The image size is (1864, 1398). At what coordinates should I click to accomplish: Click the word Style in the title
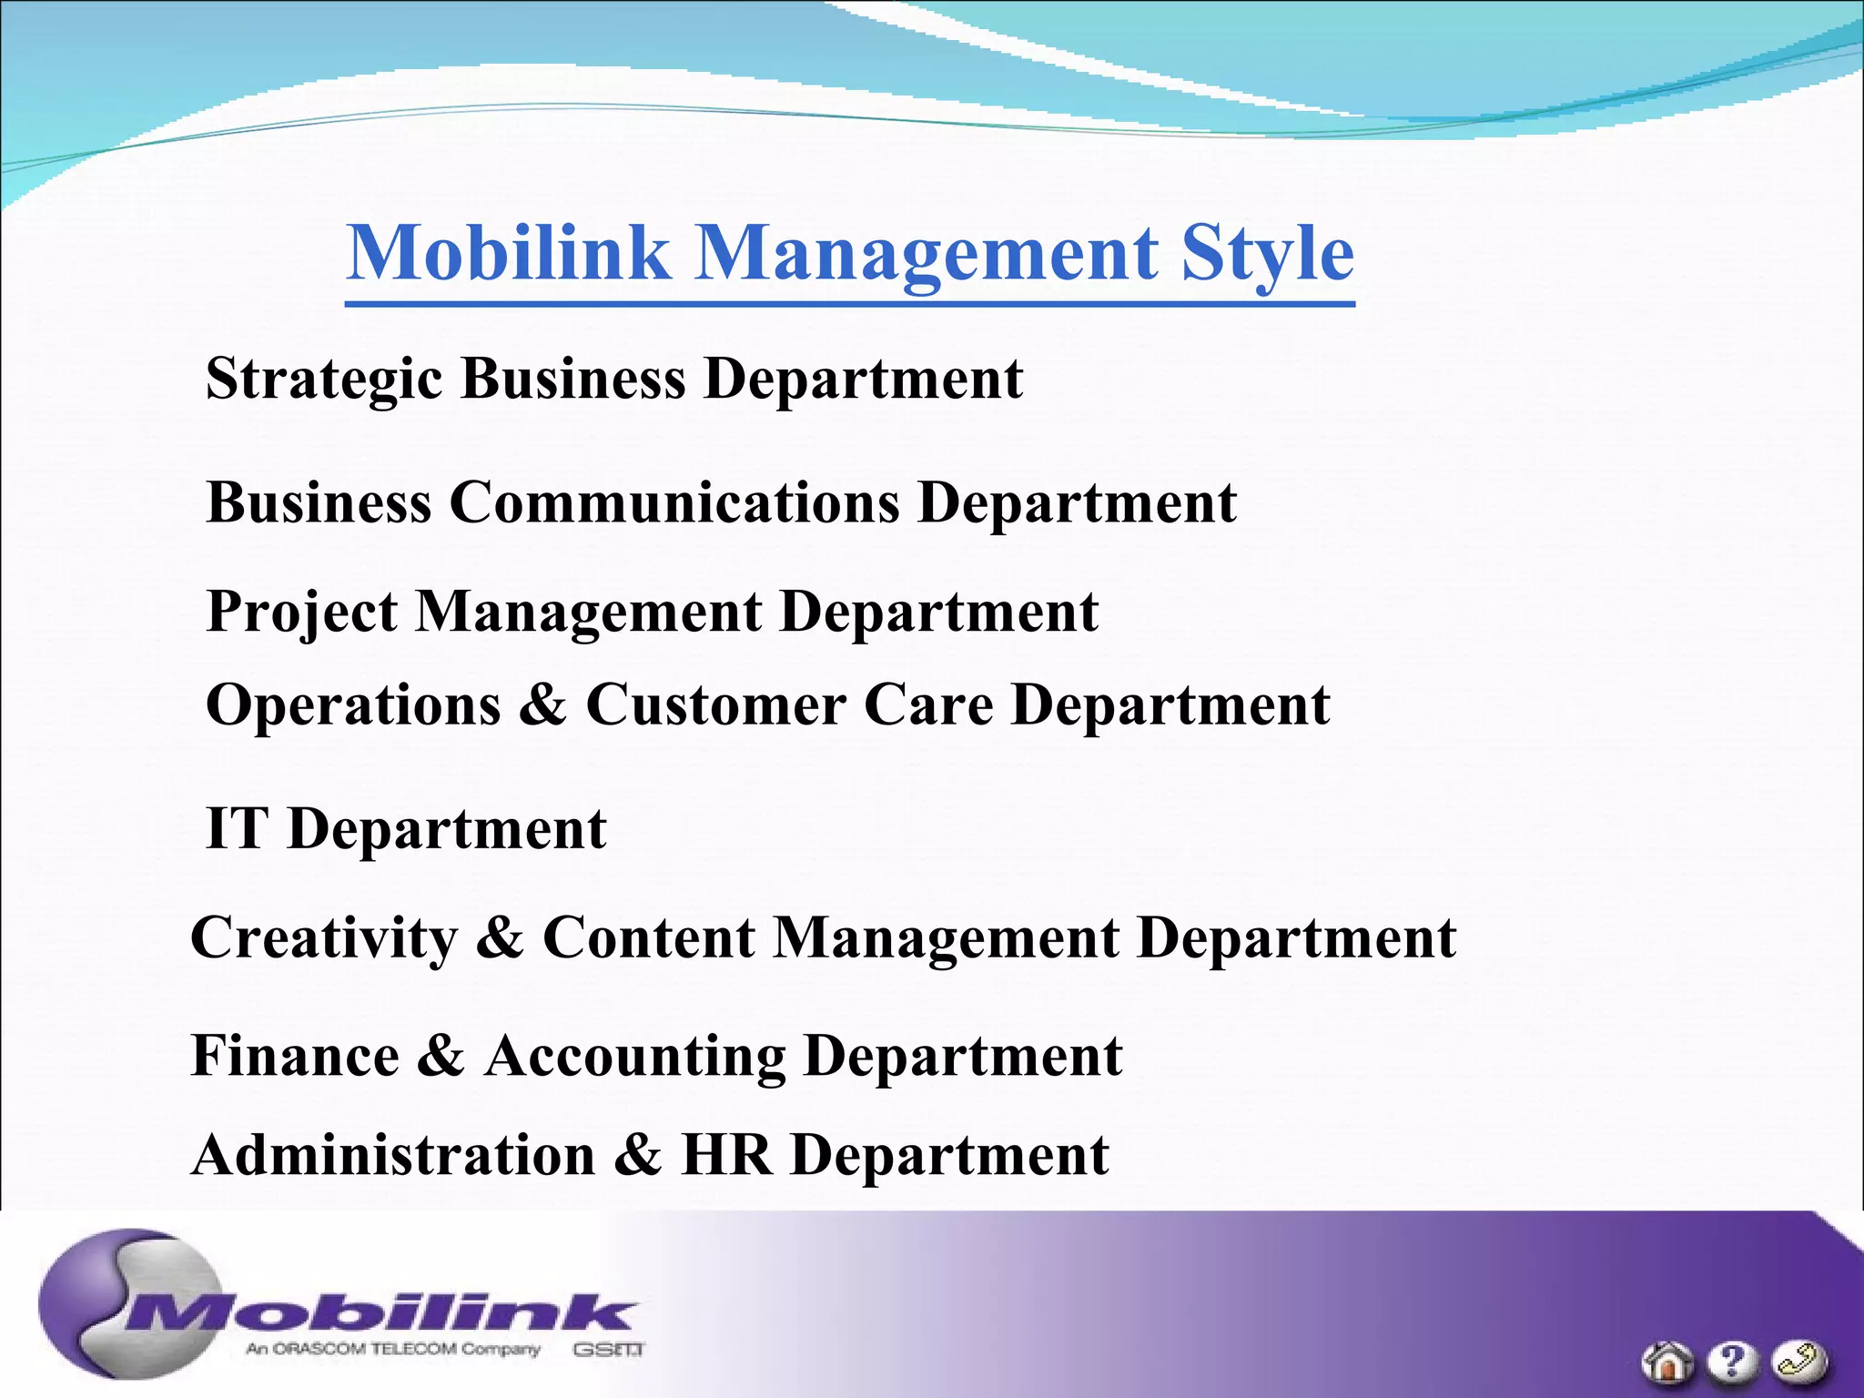click(1268, 253)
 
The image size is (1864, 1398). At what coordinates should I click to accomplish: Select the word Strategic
click(324, 379)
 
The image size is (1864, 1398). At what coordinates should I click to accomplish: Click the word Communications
click(674, 502)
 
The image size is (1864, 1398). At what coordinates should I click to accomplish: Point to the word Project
click(301, 612)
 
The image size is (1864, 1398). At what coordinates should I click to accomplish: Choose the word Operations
click(353, 705)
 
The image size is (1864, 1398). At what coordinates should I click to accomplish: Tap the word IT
click(237, 829)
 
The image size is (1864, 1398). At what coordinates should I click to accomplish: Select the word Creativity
click(324, 938)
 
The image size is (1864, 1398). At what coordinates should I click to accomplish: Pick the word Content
click(648, 938)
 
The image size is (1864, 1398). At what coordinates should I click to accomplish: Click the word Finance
click(295, 1057)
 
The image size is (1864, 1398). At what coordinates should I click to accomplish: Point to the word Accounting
click(634, 1057)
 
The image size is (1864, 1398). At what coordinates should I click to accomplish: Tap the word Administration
click(393, 1156)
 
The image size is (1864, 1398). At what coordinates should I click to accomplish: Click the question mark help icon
click(1732, 1362)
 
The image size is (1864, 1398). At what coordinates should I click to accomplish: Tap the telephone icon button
click(1798, 1362)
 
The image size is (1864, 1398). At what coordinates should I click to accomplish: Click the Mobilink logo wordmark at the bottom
click(382, 1313)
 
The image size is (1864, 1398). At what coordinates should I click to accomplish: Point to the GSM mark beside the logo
click(608, 1349)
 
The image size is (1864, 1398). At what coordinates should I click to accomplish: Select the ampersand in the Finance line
click(441, 1057)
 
